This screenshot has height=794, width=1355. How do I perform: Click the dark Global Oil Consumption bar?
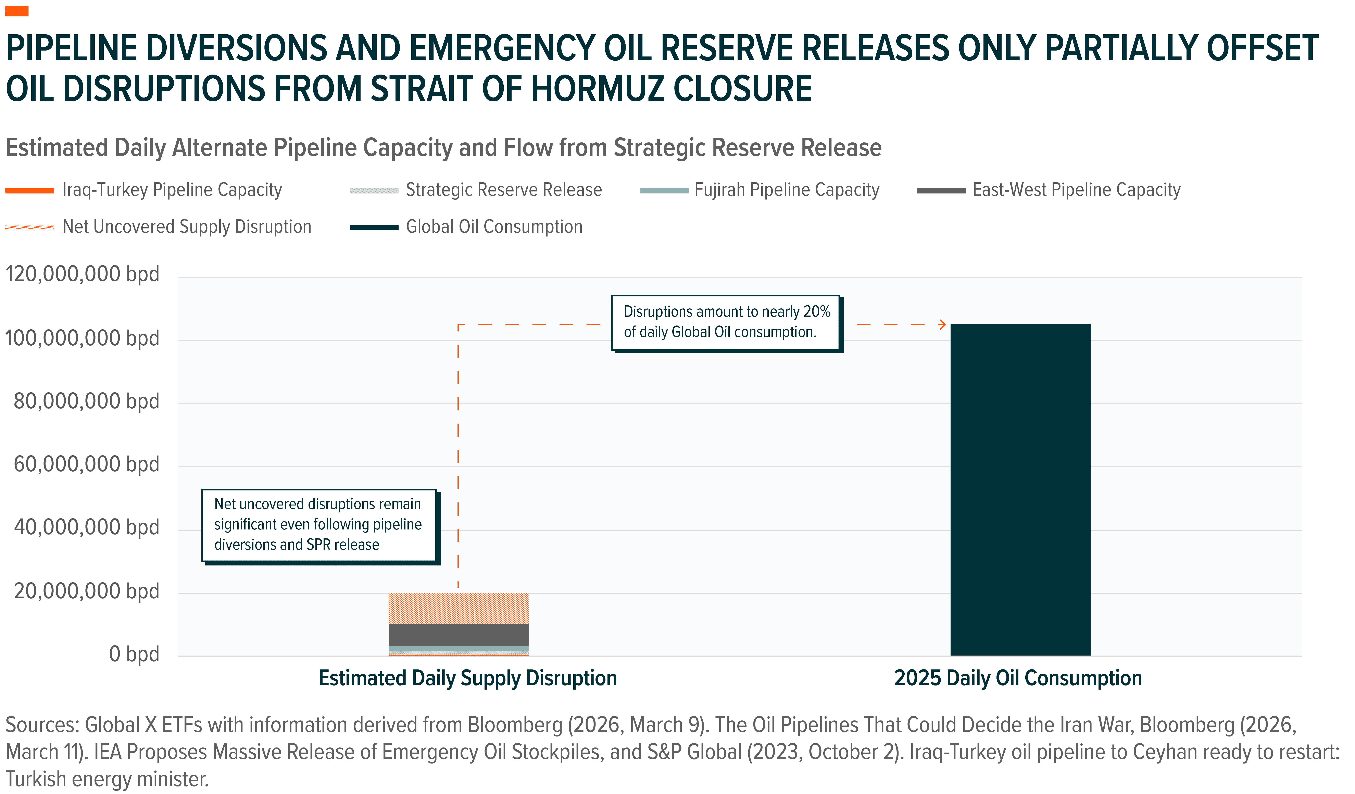click(1020, 489)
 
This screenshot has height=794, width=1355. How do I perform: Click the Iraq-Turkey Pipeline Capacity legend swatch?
click(30, 190)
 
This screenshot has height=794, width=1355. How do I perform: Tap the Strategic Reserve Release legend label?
click(504, 190)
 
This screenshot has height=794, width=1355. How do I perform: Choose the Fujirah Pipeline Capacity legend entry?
click(786, 190)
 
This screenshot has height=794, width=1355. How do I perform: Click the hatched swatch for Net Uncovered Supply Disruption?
click(30, 227)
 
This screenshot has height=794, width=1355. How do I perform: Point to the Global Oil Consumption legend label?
click(494, 227)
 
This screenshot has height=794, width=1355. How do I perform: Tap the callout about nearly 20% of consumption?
click(726, 323)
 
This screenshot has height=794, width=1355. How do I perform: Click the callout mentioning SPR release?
click(319, 525)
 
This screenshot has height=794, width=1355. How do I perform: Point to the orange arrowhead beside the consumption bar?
click(942, 325)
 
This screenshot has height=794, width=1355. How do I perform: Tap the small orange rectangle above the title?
click(17, 11)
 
